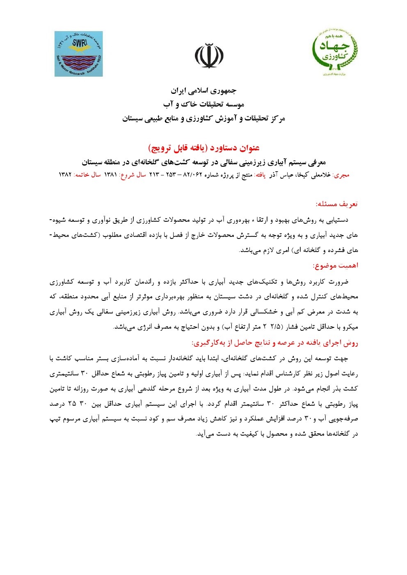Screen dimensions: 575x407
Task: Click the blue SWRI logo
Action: coord(79,54)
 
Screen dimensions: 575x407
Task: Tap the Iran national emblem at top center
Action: coord(209,55)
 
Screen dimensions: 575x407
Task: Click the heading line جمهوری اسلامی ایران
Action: coord(203,91)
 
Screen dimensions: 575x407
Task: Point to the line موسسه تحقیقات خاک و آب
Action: coord(203,105)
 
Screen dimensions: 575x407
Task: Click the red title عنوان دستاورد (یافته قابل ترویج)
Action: coord(203,148)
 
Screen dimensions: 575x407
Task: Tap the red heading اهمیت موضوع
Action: coord(335,266)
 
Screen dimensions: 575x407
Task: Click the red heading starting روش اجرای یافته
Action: coord(274,343)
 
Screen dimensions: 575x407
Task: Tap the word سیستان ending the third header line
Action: coord(135,119)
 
